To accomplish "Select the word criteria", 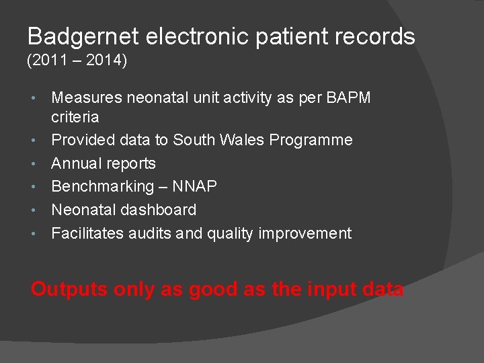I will [x=75, y=117].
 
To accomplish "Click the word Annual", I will [x=76, y=163].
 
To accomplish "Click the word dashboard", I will [x=157, y=210].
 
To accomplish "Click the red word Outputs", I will [x=69, y=290].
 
